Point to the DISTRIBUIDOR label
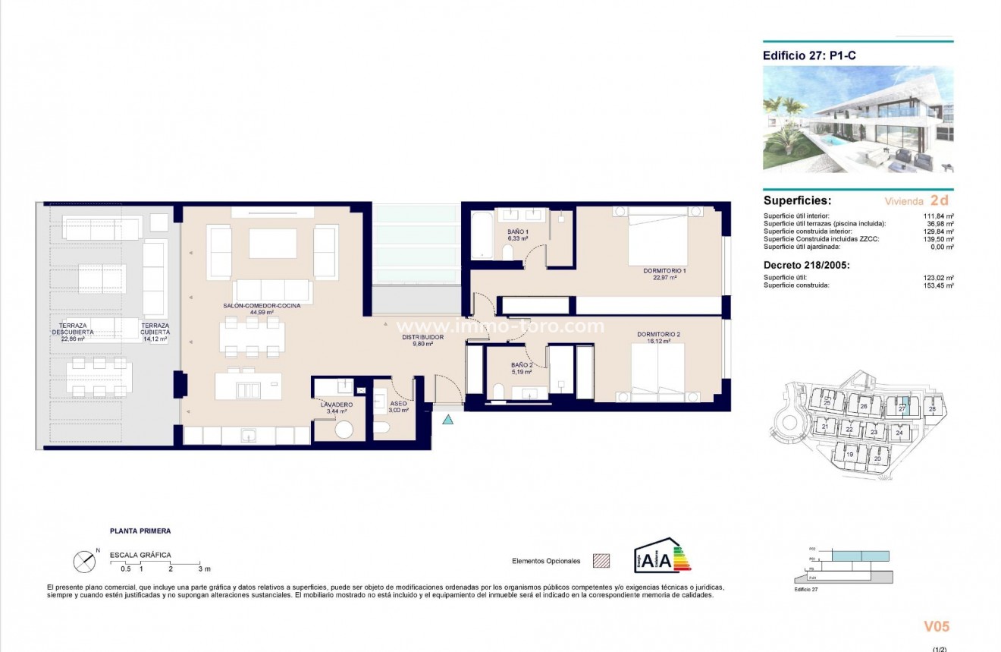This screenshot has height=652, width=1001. [422, 337]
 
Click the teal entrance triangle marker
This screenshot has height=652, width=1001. [447, 419]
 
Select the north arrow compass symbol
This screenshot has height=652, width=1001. [83, 562]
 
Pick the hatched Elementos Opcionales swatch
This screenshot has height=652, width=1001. [601, 561]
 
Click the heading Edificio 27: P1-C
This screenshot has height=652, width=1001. [809, 55]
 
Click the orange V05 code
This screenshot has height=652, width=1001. [936, 627]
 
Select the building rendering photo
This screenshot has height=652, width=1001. [858, 119]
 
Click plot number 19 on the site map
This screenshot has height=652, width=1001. [850, 455]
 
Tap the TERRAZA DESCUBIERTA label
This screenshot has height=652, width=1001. [73, 332]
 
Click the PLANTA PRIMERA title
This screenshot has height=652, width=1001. [140, 531]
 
